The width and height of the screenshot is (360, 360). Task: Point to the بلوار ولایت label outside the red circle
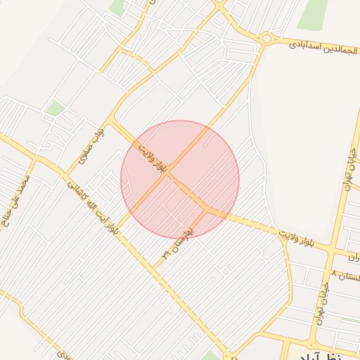tap(305, 239)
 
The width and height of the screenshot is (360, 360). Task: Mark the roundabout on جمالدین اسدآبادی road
tap(266, 39)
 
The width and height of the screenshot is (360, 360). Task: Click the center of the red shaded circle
tap(180, 179)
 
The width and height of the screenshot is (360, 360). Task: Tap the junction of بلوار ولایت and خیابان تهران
tap(337, 250)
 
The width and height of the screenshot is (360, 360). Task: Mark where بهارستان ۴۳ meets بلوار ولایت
tap(207, 209)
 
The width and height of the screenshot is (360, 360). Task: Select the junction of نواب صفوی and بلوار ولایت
tap(111, 121)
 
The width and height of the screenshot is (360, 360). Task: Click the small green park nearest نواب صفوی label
tap(55, 108)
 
